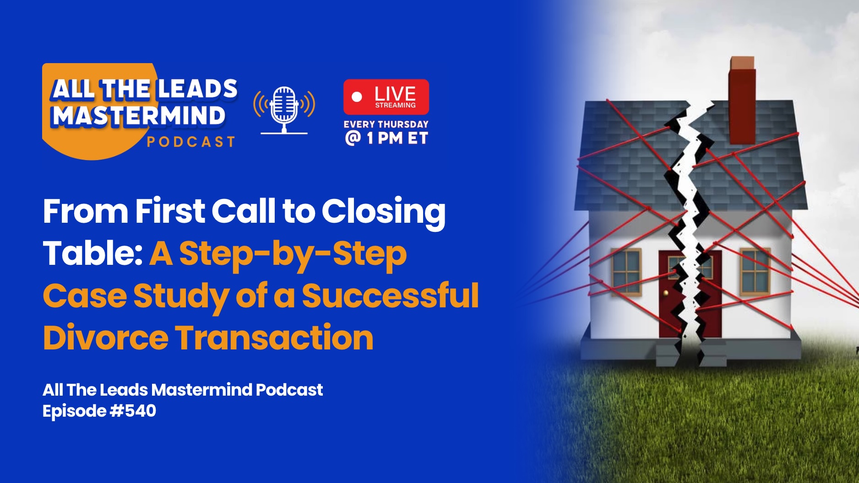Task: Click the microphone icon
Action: click(284, 110)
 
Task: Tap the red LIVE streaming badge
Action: click(386, 97)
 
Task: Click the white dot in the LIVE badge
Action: click(357, 97)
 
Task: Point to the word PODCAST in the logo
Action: click(191, 142)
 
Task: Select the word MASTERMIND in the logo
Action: click(139, 115)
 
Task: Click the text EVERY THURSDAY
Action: click(386, 124)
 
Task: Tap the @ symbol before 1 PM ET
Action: click(353, 138)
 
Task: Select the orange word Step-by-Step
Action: click(293, 255)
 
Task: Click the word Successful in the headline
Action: click(391, 295)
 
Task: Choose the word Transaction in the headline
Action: click(275, 338)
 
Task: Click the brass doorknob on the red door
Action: click(666, 293)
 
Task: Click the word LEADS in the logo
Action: click(197, 89)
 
